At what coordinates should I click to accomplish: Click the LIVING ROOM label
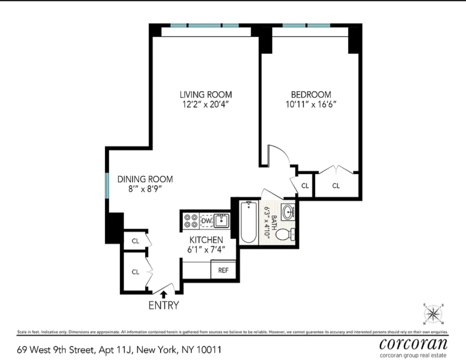point(206,95)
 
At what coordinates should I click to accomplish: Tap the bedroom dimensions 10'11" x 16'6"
point(311,104)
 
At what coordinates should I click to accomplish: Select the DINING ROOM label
point(145,179)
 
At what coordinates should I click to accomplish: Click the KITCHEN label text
point(206,240)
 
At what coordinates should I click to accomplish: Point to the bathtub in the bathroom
point(248,222)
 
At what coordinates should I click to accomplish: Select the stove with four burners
point(191,221)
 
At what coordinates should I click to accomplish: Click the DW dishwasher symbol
point(206,221)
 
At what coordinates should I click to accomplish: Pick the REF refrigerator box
point(223,270)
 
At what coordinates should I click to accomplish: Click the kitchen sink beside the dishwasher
point(221,220)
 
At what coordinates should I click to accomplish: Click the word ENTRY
point(164,305)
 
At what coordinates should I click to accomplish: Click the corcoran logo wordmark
point(413,344)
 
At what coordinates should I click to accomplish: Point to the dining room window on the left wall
point(107,186)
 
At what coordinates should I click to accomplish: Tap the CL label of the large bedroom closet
point(336,186)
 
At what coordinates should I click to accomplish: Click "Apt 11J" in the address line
point(115,350)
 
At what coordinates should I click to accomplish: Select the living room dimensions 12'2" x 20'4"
point(206,104)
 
